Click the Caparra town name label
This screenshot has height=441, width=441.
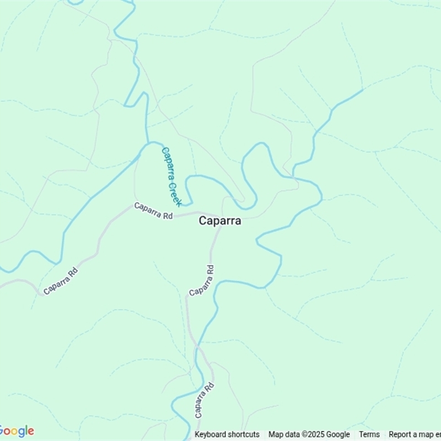pos(219,220)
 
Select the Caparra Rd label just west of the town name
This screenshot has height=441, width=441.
pos(154,211)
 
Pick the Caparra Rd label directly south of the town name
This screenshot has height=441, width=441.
pos(202,281)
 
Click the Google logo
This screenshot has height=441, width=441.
pos(17,431)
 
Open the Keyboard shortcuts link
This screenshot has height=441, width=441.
pos(227,434)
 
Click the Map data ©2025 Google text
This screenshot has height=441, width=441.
pos(309,434)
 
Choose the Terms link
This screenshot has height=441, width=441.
pos(369,434)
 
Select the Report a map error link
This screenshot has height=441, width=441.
pos(415,434)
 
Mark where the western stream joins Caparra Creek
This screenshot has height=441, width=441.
pos(148,144)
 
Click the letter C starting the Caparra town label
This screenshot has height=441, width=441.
pos(202,220)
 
